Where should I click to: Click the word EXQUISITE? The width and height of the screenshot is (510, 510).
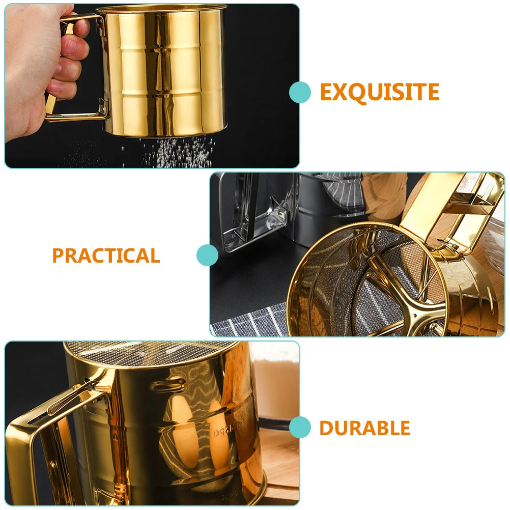click(379, 92)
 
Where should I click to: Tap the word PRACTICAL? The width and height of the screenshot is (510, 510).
click(106, 256)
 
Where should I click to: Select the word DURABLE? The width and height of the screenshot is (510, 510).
click(364, 428)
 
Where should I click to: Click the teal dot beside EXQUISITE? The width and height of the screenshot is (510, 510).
click(300, 93)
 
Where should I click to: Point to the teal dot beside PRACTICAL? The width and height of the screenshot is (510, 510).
click(207, 255)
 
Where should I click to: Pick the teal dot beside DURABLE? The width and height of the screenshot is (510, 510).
click(300, 427)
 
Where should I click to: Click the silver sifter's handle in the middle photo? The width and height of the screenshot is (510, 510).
click(249, 214)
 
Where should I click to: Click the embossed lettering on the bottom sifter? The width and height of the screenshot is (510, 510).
click(224, 433)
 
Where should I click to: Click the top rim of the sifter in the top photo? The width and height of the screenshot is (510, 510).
click(163, 9)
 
